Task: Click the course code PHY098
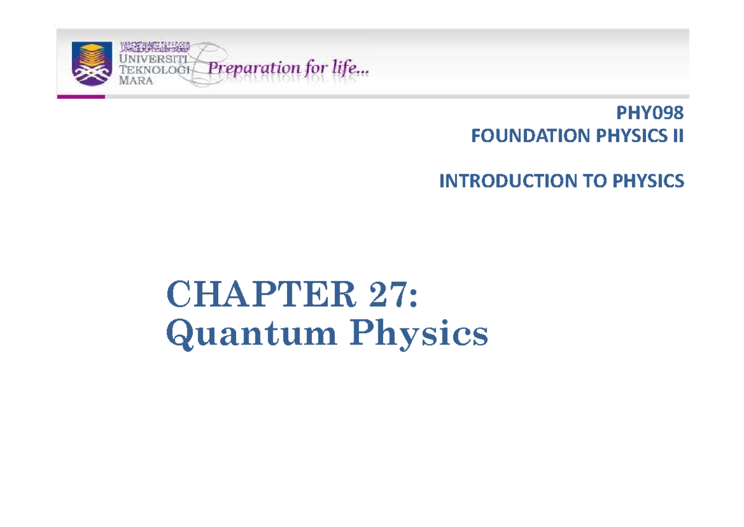pyautogui.click(x=650, y=114)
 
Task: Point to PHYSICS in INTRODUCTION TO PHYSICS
pyautogui.click(x=649, y=181)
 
